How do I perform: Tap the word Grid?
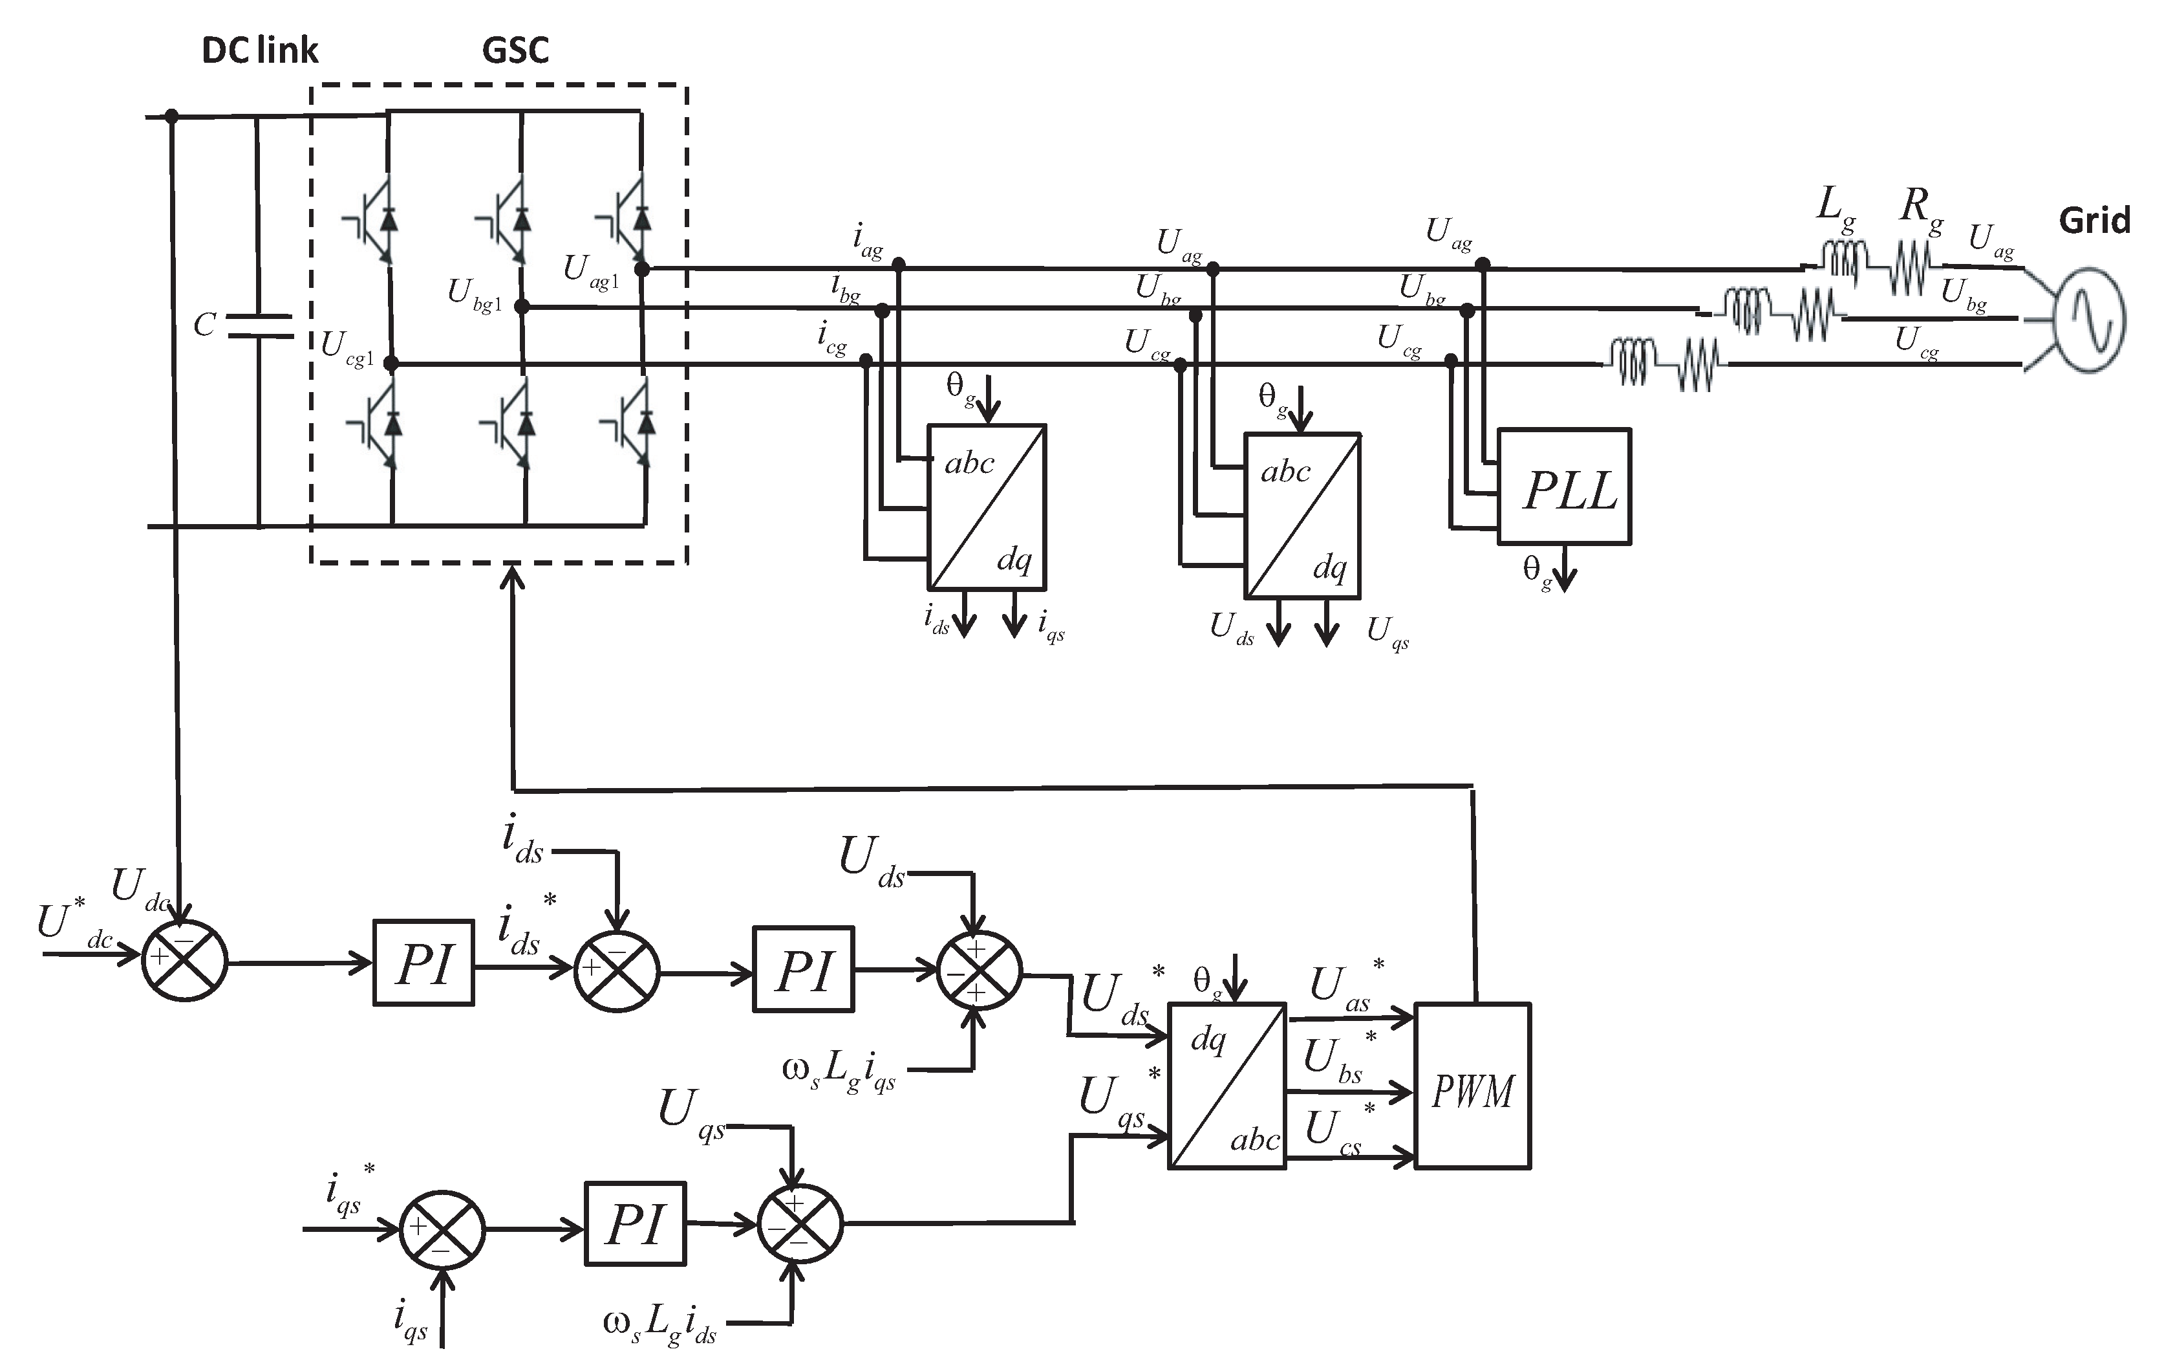(x=2094, y=220)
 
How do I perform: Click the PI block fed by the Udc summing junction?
(x=423, y=963)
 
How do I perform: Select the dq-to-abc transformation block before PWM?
(x=1227, y=1085)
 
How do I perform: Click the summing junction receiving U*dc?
(x=184, y=960)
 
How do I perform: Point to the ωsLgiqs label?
(x=839, y=1070)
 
